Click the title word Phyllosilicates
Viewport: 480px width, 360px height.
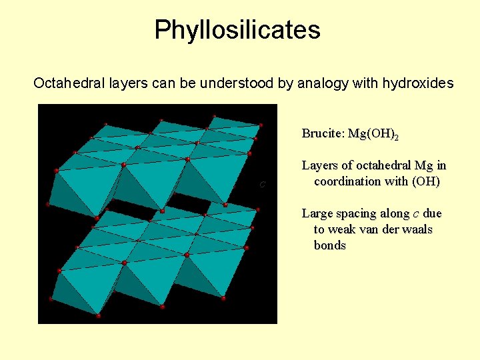[237, 30]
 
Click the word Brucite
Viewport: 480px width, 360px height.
[322, 133]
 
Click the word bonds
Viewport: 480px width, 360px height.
[330, 245]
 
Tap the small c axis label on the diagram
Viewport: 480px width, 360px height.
[263, 184]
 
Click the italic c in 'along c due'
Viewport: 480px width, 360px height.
[416, 214]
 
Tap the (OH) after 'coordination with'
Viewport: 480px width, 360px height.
[426, 181]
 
